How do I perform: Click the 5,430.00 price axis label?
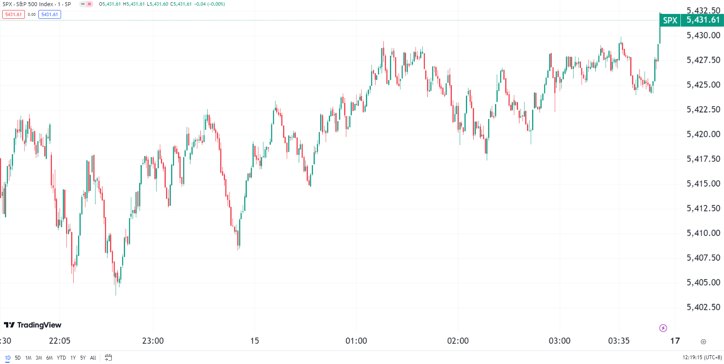[703, 35]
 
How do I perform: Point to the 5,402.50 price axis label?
[703, 307]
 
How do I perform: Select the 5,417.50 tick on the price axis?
[703, 159]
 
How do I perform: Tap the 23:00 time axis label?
[153, 341]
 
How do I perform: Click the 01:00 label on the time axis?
[356, 341]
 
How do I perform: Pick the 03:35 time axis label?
[618, 341]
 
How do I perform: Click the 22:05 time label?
[59, 341]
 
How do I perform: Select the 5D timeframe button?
[18, 358]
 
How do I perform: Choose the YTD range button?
[61, 358]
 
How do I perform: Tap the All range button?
[93, 358]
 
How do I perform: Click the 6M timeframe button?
[49, 358]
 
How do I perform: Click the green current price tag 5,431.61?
[703, 20]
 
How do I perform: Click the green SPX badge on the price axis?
[670, 20]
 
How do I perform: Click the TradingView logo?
[33, 325]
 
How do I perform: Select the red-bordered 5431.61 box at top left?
[14, 14]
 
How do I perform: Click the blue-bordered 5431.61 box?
[50, 14]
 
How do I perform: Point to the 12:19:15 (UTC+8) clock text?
[702, 357]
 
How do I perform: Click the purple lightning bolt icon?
[663, 328]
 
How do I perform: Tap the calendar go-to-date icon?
[108, 357]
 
